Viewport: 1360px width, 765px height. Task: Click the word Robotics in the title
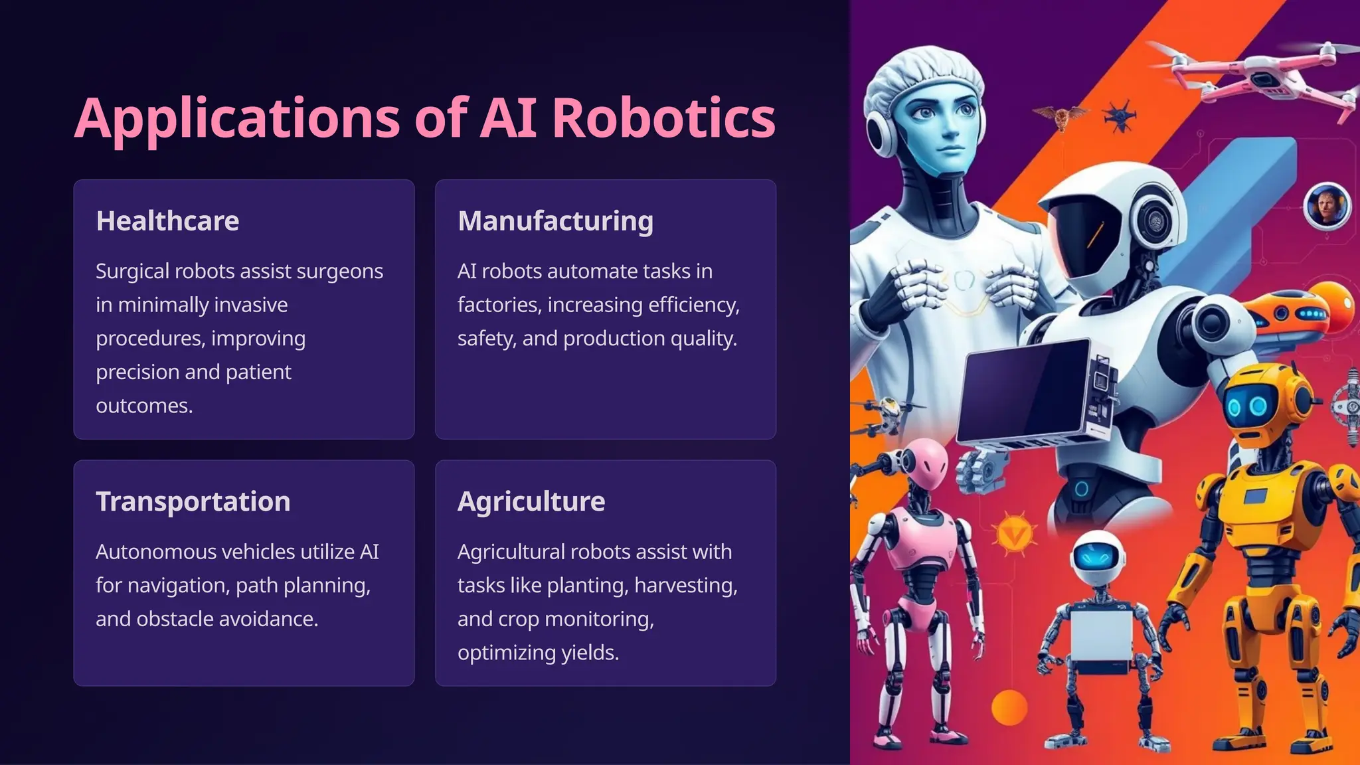(663, 118)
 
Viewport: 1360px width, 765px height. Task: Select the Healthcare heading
(167, 220)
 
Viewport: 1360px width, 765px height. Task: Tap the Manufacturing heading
(555, 220)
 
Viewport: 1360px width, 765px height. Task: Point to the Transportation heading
(193, 501)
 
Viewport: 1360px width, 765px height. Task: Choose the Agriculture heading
(531, 501)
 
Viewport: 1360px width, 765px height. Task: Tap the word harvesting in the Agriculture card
(685, 586)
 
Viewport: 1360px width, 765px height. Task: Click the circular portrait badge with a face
(1327, 205)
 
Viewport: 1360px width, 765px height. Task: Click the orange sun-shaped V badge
(1015, 534)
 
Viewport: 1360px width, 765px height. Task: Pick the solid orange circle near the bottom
(1009, 707)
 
